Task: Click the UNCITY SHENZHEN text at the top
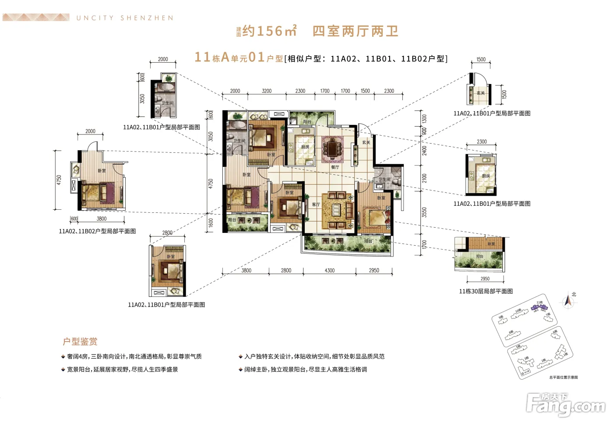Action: click(125, 18)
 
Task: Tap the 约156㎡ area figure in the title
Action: click(269, 31)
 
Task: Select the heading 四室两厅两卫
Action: click(355, 31)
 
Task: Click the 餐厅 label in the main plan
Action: click(335, 167)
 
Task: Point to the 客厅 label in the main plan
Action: click(316, 204)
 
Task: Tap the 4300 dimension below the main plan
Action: click(329, 271)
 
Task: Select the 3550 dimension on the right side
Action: click(424, 212)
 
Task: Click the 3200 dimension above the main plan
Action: click(266, 91)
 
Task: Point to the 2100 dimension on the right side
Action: click(424, 178)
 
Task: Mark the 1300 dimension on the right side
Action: click(424, 119)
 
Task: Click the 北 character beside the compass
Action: click(574, 294)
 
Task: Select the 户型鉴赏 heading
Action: click(80, 342)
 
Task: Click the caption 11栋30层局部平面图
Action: click(486, 291)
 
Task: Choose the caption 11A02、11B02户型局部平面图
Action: click(97, 231)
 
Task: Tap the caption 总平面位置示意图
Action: click(564, 377)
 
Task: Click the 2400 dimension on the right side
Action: click(424, 151)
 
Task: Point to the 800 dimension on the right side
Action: click(424, 131)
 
